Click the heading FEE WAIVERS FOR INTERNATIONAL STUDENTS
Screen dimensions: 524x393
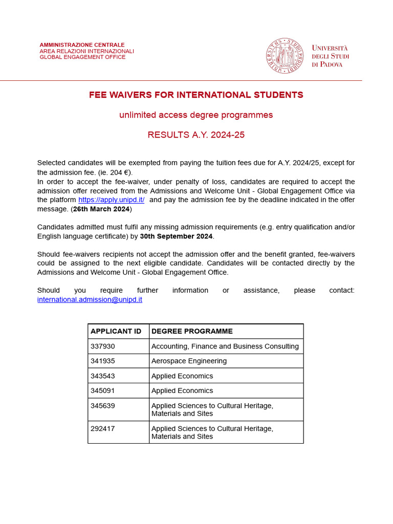point(196,95)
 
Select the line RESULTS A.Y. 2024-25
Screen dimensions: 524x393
point(196,135)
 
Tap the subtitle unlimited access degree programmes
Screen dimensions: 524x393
point(196,115)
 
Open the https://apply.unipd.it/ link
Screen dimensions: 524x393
point(111,200)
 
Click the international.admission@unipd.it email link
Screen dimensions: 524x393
point(90,300)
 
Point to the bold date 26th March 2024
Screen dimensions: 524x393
point(101,209)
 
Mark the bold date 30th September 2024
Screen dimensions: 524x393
point(176,236)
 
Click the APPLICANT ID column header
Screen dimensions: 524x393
point(116,332)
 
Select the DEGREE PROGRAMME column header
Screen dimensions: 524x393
point(192,332)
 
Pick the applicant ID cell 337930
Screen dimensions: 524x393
point(103,346)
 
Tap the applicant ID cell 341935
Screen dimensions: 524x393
point(103,361)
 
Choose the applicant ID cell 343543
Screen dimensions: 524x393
point(103,376)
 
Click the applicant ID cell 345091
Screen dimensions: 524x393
point(103,391)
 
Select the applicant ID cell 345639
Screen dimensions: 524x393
point(103,406)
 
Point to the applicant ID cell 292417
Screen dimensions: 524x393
point(103,429)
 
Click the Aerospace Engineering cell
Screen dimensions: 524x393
point(189,361)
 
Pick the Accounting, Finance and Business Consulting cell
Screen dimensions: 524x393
point(225,346)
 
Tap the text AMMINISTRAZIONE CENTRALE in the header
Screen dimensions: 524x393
point(82,45)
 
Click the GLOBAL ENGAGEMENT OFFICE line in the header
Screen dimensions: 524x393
point(82,57)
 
